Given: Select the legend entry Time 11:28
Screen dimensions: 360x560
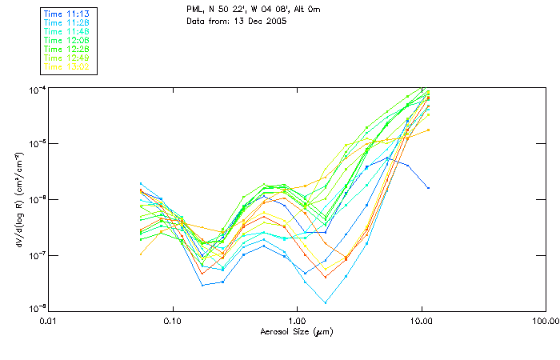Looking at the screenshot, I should click(x=67, y=23).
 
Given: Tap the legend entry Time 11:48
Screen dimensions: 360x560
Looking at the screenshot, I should click(x=67, y=32).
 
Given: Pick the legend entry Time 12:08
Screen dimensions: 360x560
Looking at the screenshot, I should click(x=67, y=41).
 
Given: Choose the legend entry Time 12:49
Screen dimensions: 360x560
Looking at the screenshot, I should click(x=67, y=58).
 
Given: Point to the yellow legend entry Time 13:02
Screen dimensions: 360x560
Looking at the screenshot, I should click(x=67, y=67).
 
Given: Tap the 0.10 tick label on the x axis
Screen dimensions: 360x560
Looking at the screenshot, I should click(x=172, y=321).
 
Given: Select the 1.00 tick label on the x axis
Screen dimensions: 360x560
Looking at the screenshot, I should click(x=297, y=321).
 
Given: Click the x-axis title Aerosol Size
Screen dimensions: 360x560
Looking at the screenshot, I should click(x=296, y=331).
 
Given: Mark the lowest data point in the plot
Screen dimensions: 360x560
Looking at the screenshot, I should click(x=326, y=302).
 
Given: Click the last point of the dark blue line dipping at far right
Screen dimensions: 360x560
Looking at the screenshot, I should click(x=429, y=188).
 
